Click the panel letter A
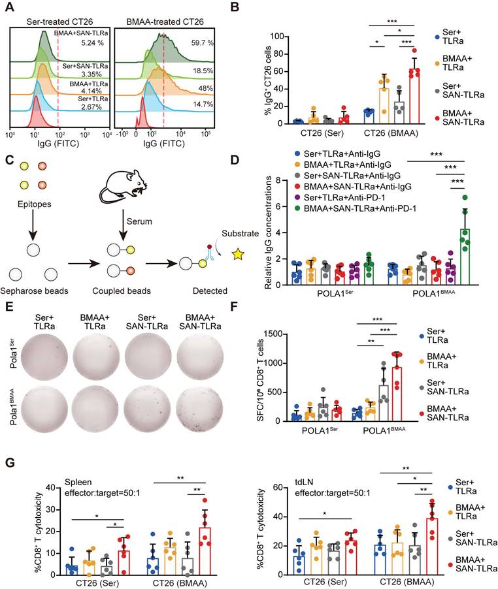pyautogui.click(x=8, y=8)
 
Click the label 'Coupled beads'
pyautogui.click(x=123, y=289)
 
